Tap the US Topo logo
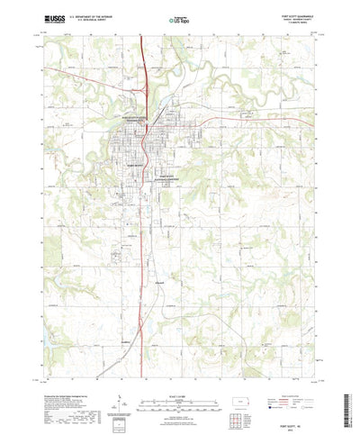coord(179,18)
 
